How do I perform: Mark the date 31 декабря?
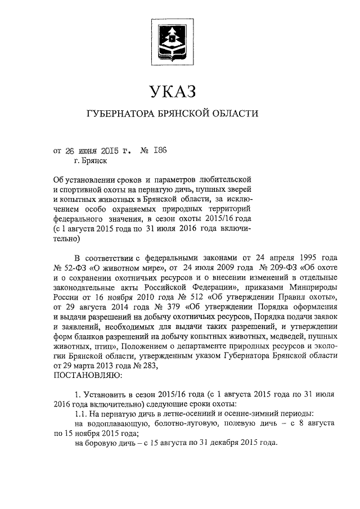203,443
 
